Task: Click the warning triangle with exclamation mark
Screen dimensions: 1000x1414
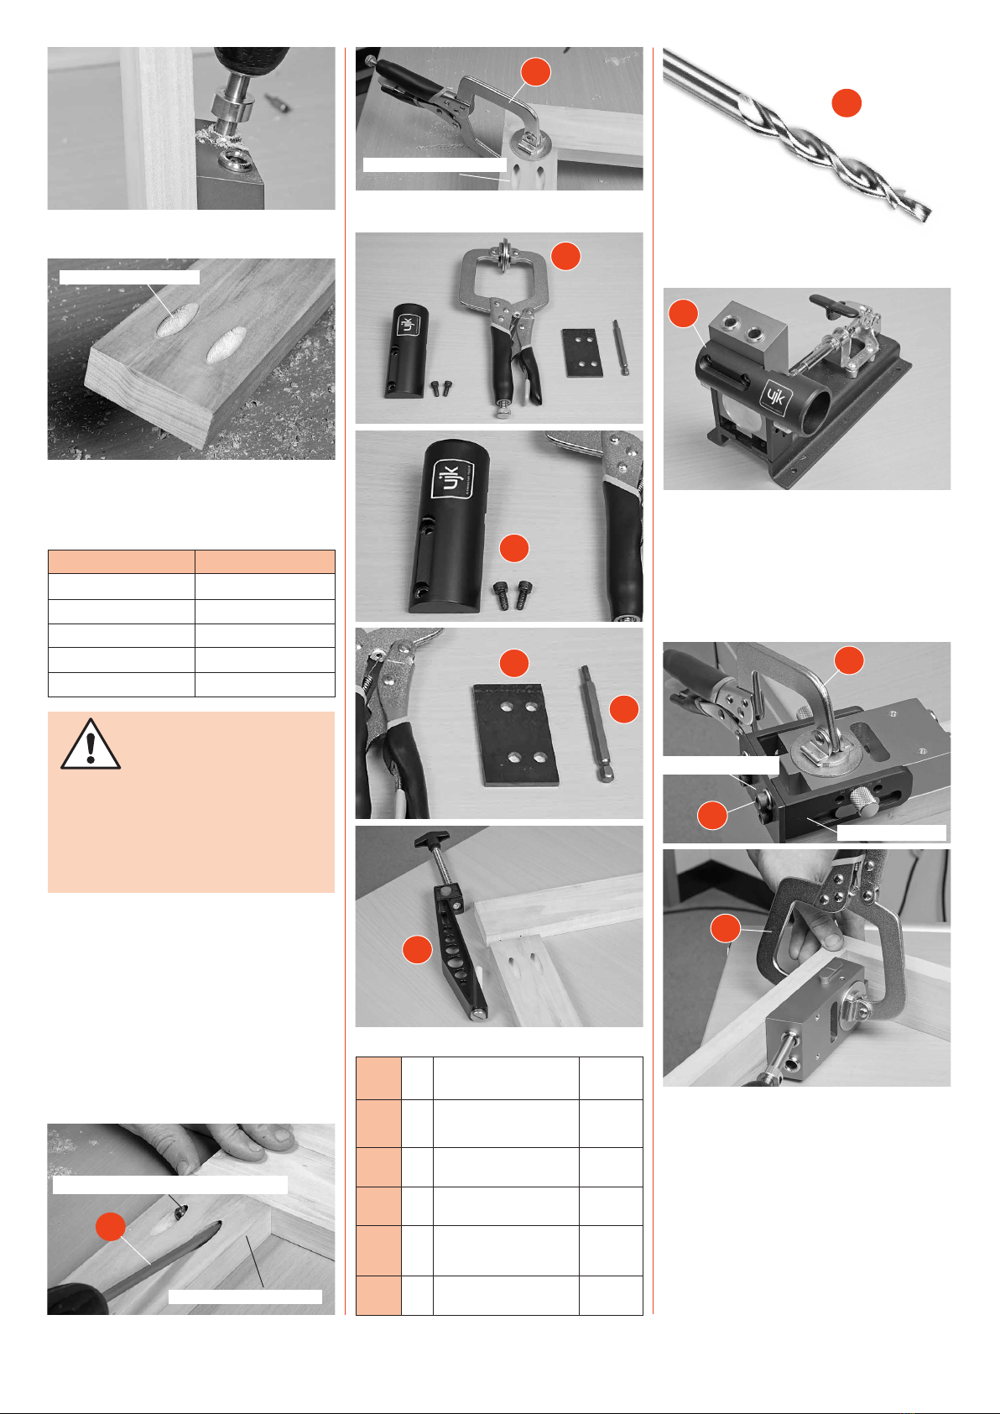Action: coord(91,744)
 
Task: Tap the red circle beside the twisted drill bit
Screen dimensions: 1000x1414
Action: coord(846,103)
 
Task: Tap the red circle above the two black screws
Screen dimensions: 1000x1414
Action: coord(514,548)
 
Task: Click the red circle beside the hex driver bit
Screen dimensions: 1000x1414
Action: coord(624,709)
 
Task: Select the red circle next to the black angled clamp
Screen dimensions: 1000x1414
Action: coord(417,949)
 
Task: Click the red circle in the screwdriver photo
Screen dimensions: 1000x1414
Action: coord(111,1227)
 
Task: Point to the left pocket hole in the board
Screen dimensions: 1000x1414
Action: coord(177,320)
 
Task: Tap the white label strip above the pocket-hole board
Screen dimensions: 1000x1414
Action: coord(129,277)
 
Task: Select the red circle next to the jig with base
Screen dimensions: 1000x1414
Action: coord(683,313)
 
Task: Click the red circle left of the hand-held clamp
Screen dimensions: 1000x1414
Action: coord(726,929)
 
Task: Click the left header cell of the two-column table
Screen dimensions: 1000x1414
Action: coord(121,561)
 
